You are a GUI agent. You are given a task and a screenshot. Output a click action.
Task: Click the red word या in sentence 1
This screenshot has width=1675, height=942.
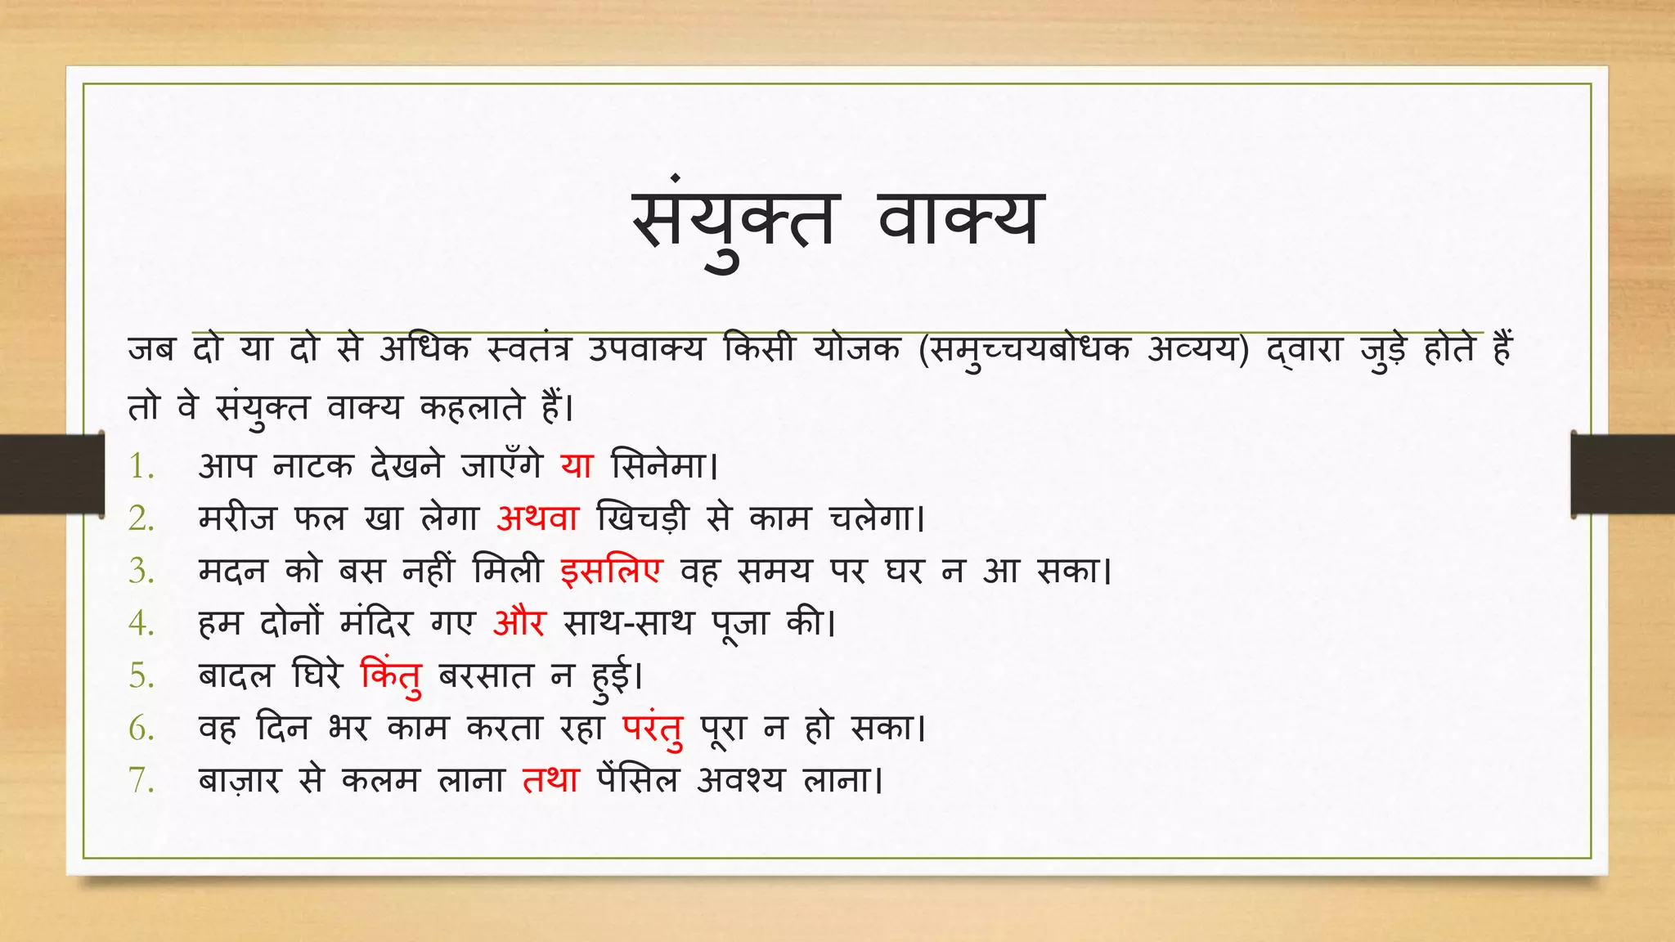point(577,465)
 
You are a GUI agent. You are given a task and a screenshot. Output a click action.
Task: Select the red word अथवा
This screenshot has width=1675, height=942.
point(537,518)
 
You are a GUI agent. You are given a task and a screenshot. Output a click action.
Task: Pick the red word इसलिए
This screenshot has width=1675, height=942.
point(611,570)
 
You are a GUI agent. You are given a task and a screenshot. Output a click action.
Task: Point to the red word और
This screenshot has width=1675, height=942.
point(519,622)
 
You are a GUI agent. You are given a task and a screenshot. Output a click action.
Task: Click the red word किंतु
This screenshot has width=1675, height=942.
point(391,676)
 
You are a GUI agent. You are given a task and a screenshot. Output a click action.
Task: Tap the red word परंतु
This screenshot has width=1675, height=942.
point(652,728)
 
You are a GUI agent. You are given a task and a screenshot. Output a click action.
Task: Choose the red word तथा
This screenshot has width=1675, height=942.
point(550,780)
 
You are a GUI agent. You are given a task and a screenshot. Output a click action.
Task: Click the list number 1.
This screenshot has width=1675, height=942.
point(141,466)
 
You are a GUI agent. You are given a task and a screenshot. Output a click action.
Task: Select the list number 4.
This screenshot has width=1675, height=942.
point(141,623)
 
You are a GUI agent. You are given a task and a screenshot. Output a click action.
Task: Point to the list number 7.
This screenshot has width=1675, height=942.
point(141,780)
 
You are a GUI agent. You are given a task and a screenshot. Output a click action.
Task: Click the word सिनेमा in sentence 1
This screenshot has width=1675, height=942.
point(661,465)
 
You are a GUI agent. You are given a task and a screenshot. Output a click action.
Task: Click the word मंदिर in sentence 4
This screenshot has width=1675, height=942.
point(376,622)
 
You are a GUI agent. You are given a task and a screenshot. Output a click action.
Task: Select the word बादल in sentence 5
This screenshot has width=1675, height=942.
point(236,675)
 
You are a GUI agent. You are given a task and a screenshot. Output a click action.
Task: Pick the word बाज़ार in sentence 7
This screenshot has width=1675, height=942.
point(239,780)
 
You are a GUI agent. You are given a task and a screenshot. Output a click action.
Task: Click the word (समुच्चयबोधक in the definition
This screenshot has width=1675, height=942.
point(1024,350)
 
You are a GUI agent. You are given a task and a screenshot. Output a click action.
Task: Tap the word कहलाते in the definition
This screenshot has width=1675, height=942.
point(471,406)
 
